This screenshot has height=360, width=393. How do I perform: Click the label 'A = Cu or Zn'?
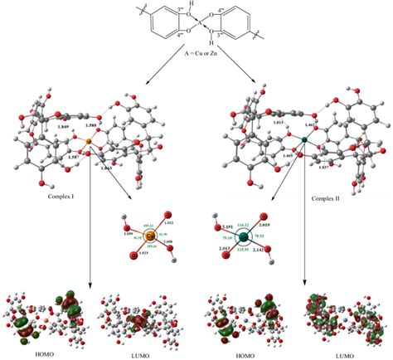pyautogui.click(x=196, y=49)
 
